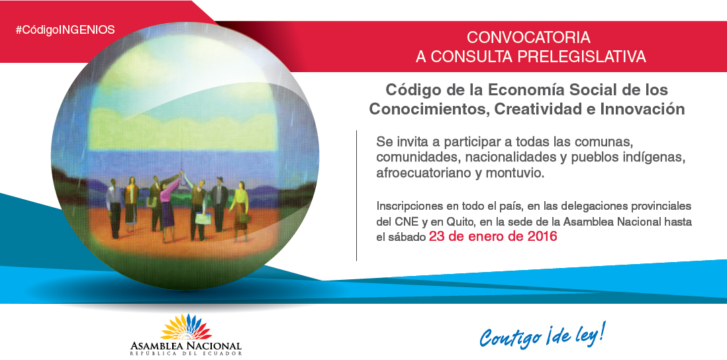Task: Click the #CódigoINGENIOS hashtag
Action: [65, 30]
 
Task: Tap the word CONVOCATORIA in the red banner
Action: [528, 37]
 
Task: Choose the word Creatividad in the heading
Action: [539, 110]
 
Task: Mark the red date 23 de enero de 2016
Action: [493, 237]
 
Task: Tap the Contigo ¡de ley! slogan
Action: [542, 335]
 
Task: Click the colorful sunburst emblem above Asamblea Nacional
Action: [185, 327]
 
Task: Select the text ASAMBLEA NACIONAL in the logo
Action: [186, 346]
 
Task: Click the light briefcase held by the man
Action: [202, 218]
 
